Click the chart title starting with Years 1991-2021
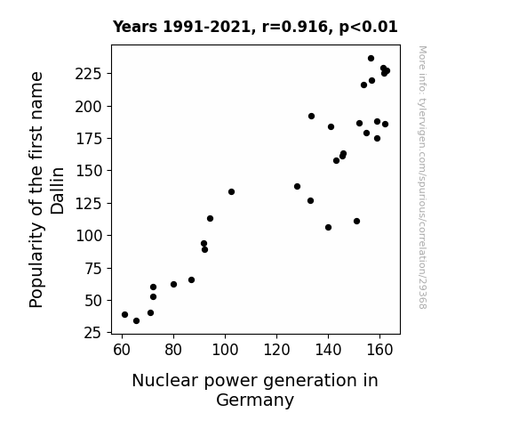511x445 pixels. point(255,27)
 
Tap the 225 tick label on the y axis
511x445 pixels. point(89,74)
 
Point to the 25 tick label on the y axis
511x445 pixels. point(93,333)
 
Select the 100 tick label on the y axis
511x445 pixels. point(89,236)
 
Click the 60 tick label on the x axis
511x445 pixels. point(122,350)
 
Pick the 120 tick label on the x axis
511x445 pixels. point(276,350)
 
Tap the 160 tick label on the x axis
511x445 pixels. point(379,350)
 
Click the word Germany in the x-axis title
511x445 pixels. point(255,400)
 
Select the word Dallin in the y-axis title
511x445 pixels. point(58,190)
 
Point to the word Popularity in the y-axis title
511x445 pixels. point(36,265)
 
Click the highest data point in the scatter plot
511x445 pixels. point(371,59)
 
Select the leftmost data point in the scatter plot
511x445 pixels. point(124,315)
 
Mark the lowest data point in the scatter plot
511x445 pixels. point(137,321)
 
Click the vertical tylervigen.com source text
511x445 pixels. point(423,177)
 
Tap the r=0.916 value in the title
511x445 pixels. point(295,27)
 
